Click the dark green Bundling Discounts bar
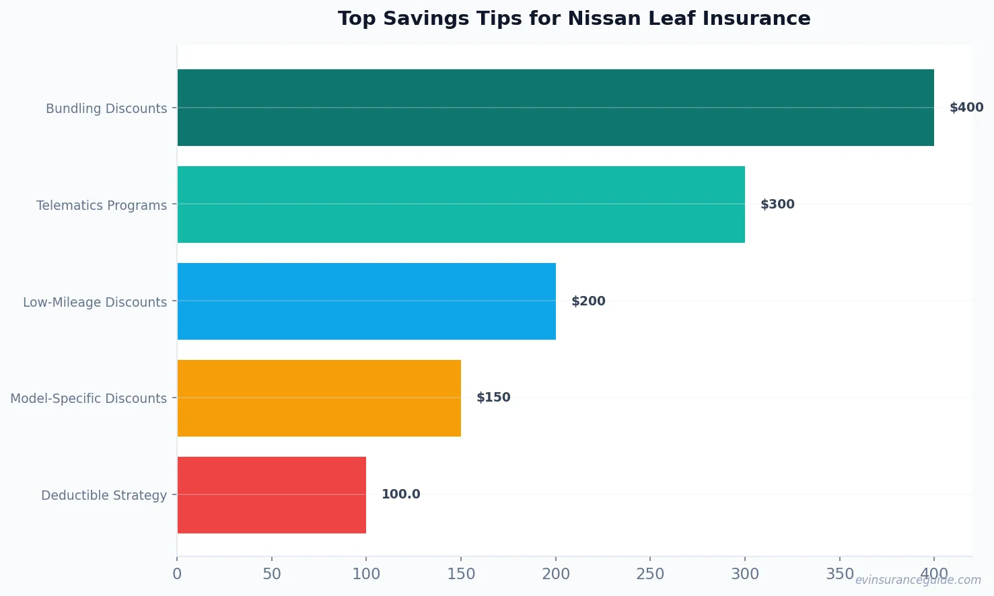click(555, 108)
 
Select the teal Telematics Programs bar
click(461, 204)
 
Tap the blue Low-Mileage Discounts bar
click(367, 301)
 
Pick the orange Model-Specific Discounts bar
click(319, 398)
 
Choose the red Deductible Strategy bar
click(272, 495)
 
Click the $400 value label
click(966, 108)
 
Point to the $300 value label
click(777, 204)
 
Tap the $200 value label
click(588, 301)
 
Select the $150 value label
click(493, 398)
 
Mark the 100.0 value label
click(400, 494)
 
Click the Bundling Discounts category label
click(106, 108)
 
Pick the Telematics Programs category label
click(102, 205)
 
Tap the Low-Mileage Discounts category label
click(95, 302)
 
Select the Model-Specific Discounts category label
click(88, 398)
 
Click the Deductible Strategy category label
click(104, 495)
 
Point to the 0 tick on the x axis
click(177, 574)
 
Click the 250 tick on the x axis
click(650, 574)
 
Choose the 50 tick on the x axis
click(272, 574)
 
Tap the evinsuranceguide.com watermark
click(918, 580)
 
